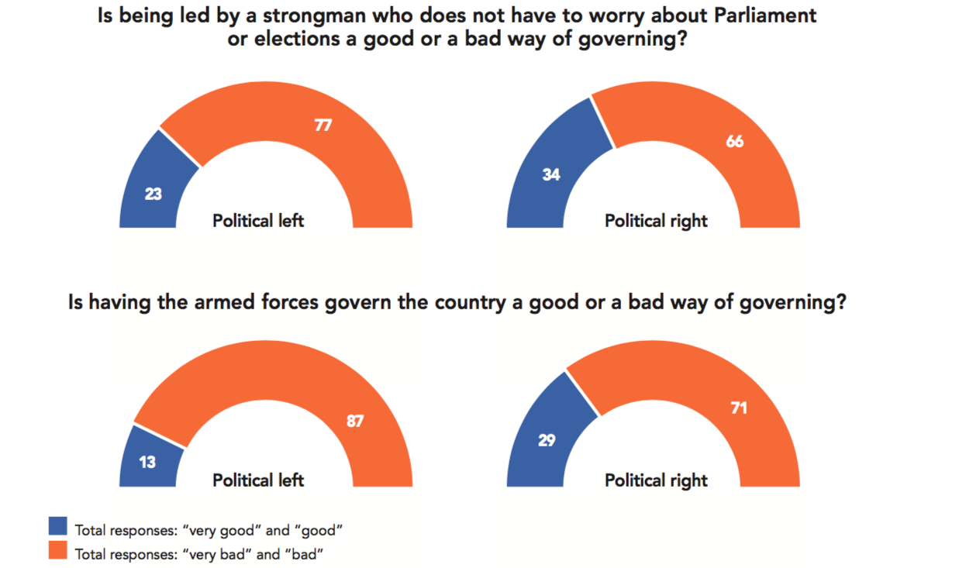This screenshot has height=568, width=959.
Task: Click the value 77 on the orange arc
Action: (x=323, y=125)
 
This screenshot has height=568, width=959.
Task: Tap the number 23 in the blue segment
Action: (x=153, y=194)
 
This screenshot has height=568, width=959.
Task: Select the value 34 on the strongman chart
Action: (x=550, y=174)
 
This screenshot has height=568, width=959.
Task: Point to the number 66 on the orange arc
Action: (x=735, y=142)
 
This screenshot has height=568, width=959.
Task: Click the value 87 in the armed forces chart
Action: (x=354, y=422)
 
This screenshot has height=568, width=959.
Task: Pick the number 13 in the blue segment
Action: (x=147, y=463)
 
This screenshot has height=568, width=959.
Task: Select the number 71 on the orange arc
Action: (x=739, y=407)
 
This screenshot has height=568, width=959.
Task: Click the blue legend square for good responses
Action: (x=58, y=526)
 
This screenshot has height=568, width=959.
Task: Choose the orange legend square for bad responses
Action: (x=58, y=551)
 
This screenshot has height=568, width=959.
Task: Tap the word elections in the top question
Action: (x=291, y=40)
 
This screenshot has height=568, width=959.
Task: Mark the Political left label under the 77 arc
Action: (x=258, y=221)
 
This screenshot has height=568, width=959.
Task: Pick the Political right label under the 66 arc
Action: (x=656, y=221)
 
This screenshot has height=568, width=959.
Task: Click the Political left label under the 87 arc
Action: (x=258, y=480)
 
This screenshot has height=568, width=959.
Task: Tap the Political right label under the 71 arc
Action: (x=656, y=480)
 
